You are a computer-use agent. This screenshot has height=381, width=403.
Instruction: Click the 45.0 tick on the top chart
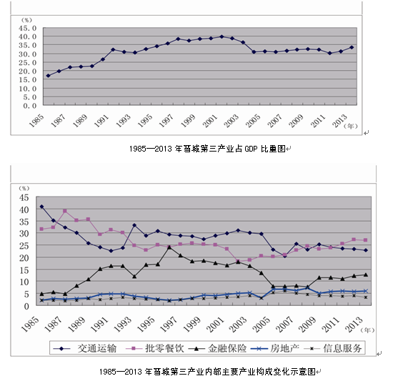click(27, 28)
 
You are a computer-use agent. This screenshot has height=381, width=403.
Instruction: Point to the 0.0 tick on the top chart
click(30, 106)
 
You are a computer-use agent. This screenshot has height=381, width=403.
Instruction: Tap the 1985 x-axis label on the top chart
click(36, 121)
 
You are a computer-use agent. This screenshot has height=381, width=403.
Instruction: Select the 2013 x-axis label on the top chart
click(340, 121)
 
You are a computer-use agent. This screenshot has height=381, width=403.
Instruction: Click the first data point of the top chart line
click(48, 76)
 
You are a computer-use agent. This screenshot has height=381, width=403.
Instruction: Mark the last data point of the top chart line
click(352, 47)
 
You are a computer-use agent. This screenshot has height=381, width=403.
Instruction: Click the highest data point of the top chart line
click(222, 36)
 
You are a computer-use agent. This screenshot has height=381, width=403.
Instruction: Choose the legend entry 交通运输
click(85, 348)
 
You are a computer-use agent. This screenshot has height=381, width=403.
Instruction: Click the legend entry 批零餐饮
click(155, 348)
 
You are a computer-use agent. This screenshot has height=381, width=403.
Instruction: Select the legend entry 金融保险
click(217, 348)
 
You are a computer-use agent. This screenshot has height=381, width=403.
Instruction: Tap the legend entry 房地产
click(275, 348)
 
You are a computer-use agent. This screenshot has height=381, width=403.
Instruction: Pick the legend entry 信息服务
click(333, 348)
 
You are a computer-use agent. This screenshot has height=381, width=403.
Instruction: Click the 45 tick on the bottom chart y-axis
click(24, 197)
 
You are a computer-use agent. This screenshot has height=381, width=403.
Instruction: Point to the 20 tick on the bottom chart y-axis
click(24, 258)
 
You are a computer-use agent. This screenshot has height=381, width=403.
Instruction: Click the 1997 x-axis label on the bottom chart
click(169, 325)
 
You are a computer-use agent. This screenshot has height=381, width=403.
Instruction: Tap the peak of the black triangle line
click(169, 247)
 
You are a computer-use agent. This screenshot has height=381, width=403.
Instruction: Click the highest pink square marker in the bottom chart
click(65, 211)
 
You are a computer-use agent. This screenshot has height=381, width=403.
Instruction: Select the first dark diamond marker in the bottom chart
click(41, 207)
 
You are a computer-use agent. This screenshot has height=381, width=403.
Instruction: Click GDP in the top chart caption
click(251, 149)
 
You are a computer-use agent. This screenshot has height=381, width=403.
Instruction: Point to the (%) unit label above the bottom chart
click(24, 189)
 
